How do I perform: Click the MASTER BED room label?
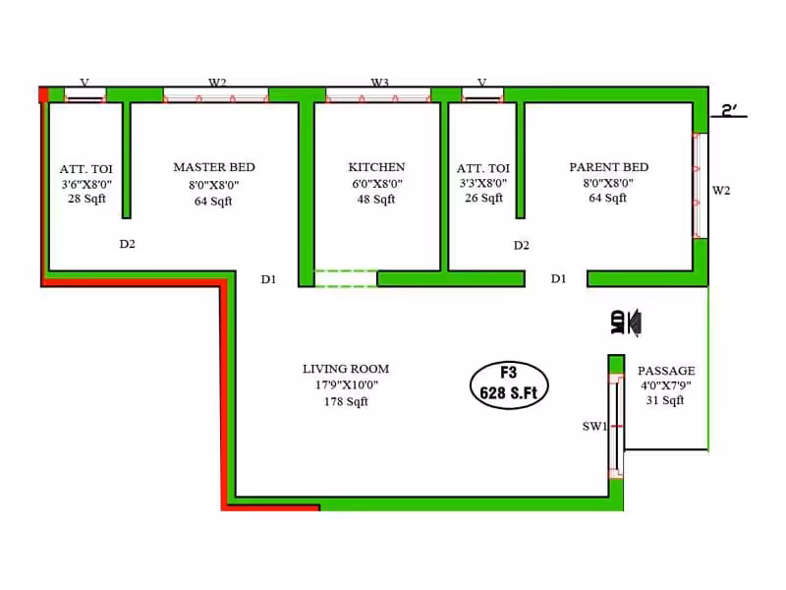tap(214, 167)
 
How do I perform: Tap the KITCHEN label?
tap(376, 167)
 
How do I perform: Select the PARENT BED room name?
tap(608, 167)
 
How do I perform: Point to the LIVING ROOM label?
tap(346, 369)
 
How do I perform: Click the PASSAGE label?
tap(666, 371)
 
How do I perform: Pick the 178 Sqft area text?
tap(346, 401)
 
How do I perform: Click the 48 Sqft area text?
tap(376, 200)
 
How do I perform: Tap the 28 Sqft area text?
tap(86, 199)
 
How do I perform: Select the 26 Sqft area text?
tap(483, 199)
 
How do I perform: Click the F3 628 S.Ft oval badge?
tap(509, 384)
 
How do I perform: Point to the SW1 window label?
tap(594, 427)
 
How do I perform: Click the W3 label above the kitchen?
tap(379, 83)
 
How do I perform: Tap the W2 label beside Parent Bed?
tap(721, 190)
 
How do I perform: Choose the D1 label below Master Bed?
tap(268, 279)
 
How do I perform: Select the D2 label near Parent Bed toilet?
tap(522, 245)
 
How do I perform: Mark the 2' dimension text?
tap(728, 110)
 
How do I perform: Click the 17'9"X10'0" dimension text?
tap(347, 385)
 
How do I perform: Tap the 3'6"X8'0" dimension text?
tap(86, 184)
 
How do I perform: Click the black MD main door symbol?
tap(626, 323)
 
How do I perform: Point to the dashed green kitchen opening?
tap(346, 278)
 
